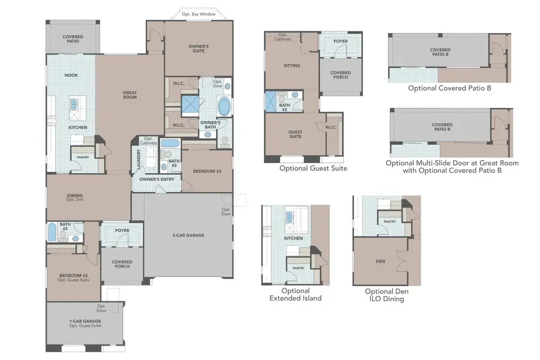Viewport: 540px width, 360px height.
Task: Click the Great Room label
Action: [130, 95]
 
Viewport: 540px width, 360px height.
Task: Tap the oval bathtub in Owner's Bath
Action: [224, 107]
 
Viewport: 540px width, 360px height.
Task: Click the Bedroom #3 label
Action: [207, 172]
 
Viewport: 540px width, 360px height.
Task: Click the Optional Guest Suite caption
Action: [313, 169]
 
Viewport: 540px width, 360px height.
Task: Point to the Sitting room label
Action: [292, 65]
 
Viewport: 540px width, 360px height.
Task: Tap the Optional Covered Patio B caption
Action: [449, 88]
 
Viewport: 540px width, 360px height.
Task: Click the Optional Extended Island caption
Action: [295, 294]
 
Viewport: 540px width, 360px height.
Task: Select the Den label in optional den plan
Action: [380, 262]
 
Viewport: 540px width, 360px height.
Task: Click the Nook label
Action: [71, 75]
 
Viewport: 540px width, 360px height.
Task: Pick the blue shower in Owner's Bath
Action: [190, 103]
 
